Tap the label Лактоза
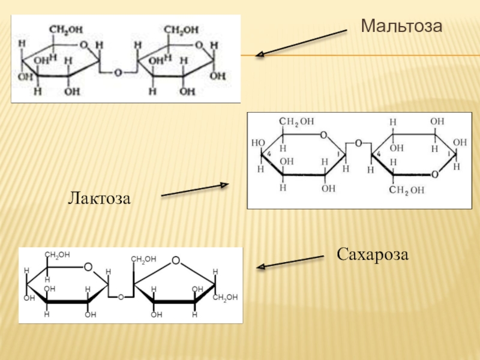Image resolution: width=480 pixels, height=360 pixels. pos(99,196)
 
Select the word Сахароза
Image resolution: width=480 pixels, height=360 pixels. pos(373,254)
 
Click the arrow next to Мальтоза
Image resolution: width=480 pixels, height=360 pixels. pos(302,43)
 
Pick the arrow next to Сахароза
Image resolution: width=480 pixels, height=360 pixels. pos(290,262)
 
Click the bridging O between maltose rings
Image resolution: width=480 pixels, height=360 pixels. pos(118,73)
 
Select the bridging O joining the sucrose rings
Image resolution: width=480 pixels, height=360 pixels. pos(121,297)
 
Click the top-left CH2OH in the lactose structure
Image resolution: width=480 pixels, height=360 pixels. pos(298,122)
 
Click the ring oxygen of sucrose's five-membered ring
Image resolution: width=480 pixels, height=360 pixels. pos(175,260)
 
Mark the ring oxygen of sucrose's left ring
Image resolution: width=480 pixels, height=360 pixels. pos(88,267)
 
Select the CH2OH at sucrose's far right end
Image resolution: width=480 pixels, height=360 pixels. pos(226,297)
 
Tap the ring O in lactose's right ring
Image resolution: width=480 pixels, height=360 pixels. pos(434,175)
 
